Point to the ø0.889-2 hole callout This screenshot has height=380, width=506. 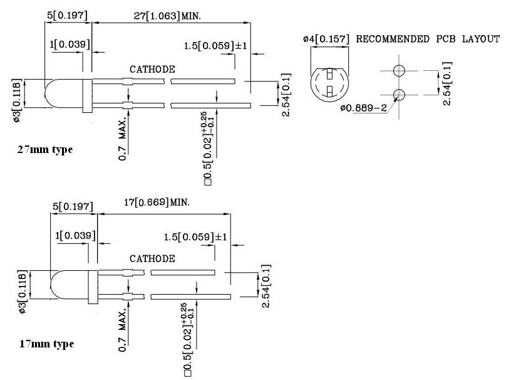coord(363,108)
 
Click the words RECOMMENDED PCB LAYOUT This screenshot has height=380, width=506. coord(428,39)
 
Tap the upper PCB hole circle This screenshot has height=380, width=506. coord(399,70)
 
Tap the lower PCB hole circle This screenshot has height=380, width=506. coord(399,95)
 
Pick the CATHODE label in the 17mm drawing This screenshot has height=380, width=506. coord(152,258)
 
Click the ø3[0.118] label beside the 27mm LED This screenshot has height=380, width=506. coord(18,101)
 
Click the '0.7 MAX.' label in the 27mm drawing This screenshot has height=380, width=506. coord(124,136)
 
